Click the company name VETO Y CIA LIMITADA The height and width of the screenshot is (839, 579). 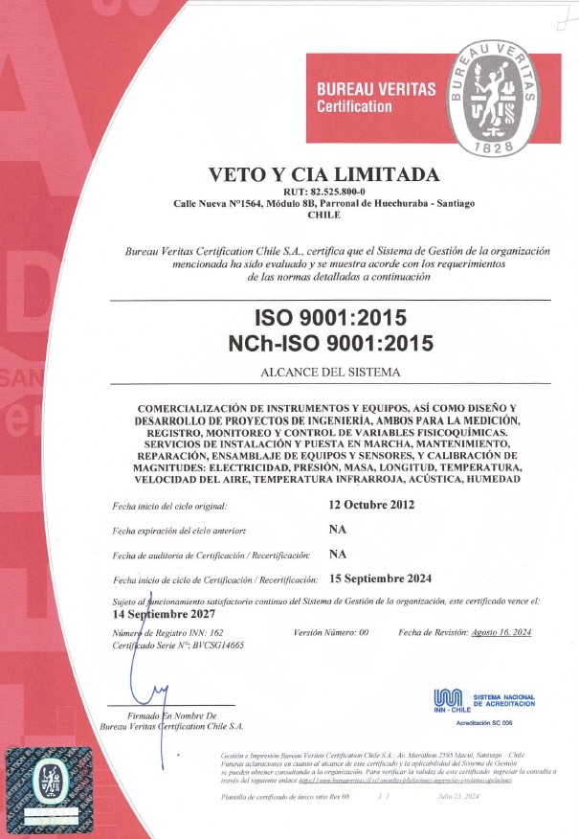point(324,174)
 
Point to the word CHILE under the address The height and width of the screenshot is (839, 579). point(324,215)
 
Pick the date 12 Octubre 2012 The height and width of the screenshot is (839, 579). point(371,505)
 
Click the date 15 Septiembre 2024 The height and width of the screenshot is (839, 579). point(380,578)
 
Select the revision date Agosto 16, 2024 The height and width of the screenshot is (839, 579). point(501,633)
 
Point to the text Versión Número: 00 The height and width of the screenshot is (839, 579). point(331,633)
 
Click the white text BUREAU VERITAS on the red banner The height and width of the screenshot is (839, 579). point(376,89)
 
